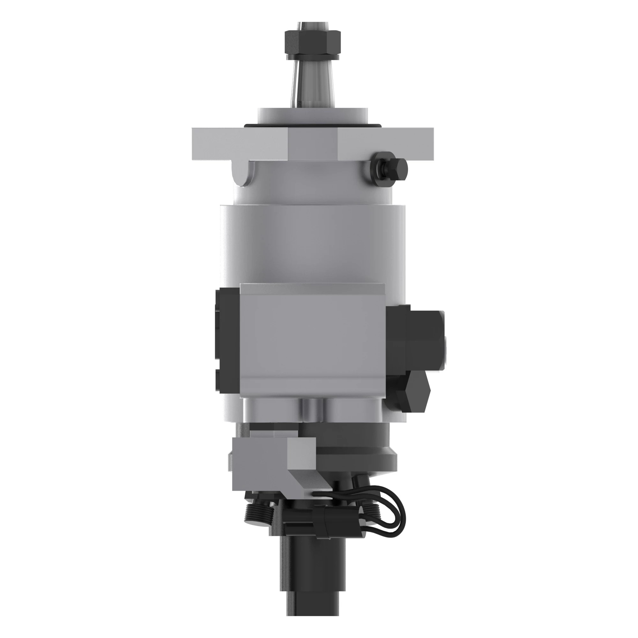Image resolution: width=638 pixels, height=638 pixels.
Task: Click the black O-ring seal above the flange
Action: pos(312,125)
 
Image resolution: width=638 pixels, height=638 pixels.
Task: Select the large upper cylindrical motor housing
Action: pos(312,241)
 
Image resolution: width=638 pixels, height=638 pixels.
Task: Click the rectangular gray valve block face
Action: pos(312,344)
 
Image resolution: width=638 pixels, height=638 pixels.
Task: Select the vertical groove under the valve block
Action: pos(312,411)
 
